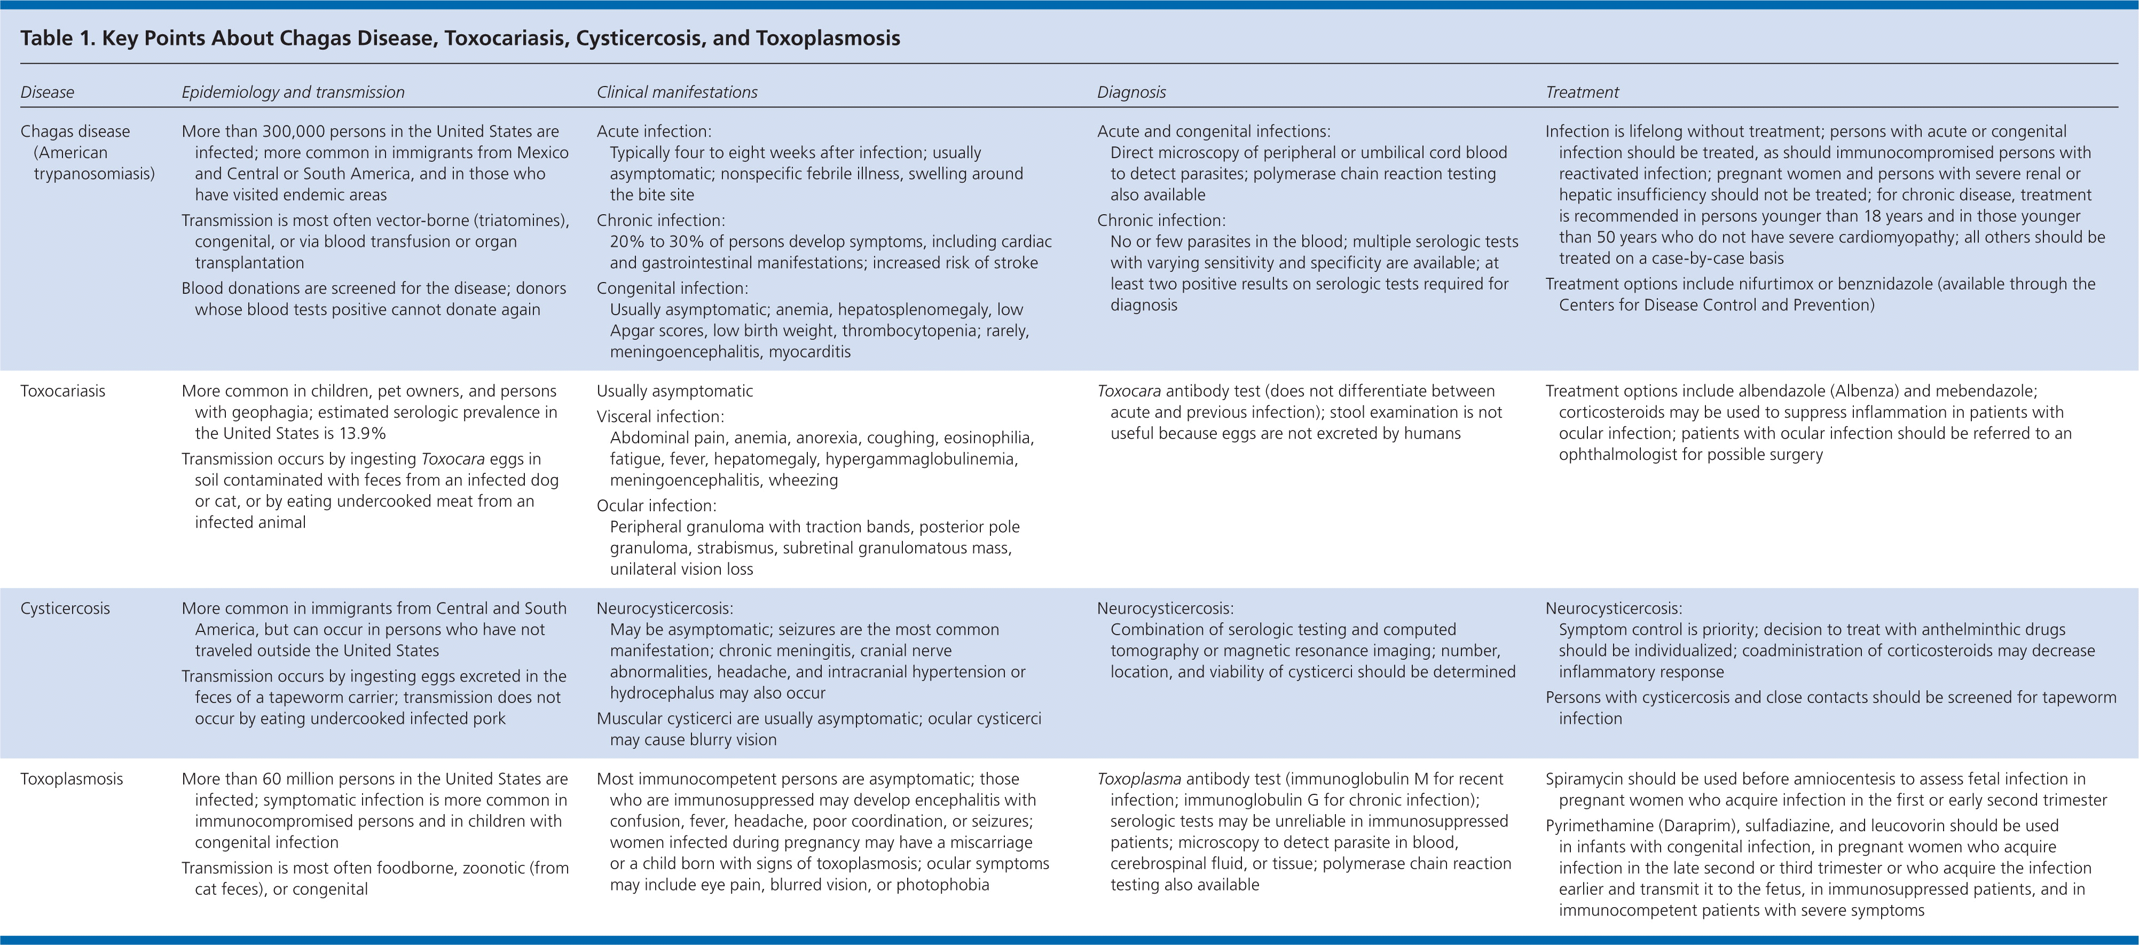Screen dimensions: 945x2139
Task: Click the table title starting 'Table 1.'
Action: (x=460, y=38)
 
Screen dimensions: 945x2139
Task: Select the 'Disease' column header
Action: (x=48, y=92)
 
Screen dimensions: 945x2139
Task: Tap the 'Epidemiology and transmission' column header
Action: (x=293, y=92)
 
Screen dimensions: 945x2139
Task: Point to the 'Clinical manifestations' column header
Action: (x=677, y=92)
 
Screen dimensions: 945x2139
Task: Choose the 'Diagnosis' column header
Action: (x=1131, y=92)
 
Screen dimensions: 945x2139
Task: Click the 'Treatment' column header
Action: (x=1582, y=92)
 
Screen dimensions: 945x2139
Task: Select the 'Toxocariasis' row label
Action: (x=63, y=391)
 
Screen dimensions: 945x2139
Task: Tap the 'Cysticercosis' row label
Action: (x=65, y=608)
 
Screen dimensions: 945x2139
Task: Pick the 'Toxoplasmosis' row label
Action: (x=72, y=779)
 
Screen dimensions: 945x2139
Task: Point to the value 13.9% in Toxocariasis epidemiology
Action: (x=362, y=433)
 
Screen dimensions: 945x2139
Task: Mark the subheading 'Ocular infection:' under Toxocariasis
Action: (x=656, y=506)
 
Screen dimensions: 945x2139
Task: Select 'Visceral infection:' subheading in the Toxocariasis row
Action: (x=660, y=417)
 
